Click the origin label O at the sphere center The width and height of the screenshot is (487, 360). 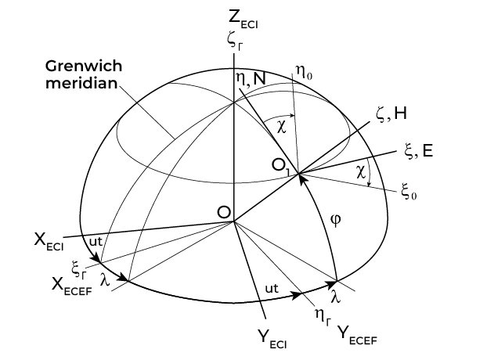tap(223, 212)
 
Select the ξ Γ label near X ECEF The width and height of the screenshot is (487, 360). tap(78, 268)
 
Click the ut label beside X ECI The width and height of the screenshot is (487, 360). tap(95, 243)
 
